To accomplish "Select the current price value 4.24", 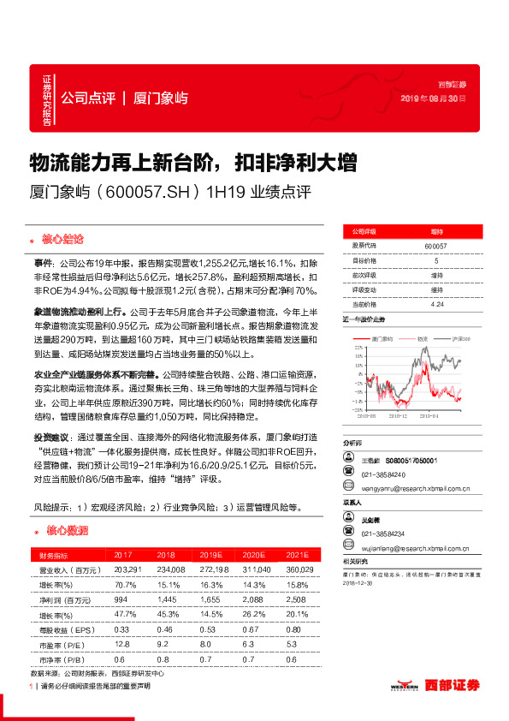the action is tap(436, 304).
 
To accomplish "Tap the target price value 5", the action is tap(436, 260).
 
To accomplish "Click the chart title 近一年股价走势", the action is tap(363, 321).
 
